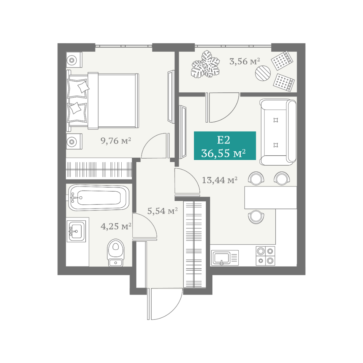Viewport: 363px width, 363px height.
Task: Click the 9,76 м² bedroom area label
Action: coord(116,141)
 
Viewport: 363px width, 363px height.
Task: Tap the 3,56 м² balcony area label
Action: coord(245,62)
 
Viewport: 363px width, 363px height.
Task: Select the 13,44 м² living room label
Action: coord(220,180)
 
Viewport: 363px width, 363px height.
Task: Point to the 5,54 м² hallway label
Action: coord(163,211)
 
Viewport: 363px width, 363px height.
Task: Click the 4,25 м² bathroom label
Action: coord(116,226)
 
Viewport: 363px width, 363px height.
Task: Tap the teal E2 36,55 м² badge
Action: coord(225,146)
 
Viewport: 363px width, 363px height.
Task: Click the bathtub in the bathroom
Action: coord(99,198)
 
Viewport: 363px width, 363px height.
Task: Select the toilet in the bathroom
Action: coord(116,253)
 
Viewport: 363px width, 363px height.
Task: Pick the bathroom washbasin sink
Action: coord(76,231)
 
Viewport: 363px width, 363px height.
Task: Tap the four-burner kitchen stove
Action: coord(265,256)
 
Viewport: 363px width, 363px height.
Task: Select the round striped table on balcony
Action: coord(263,73)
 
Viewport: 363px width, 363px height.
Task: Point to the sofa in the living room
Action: coord(278,132)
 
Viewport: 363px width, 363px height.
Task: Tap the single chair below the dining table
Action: coord(256,217)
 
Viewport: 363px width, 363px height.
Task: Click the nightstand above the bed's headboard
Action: coord(74,60)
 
